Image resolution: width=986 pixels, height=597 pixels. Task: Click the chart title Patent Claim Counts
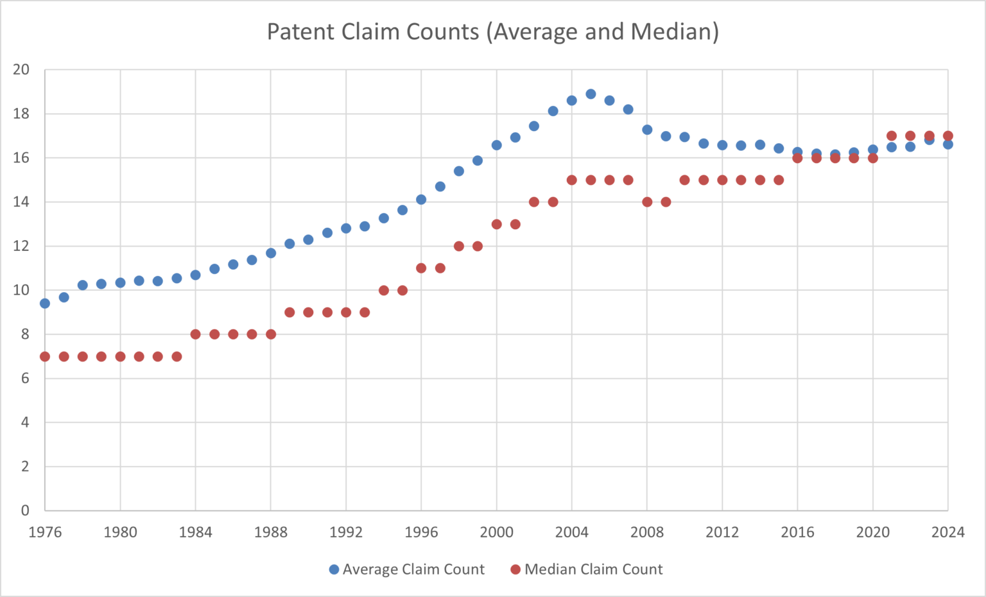coord(492,31)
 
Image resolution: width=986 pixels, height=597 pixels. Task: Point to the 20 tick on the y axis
coord(21,69)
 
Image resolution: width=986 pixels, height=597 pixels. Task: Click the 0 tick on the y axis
coord(25,510)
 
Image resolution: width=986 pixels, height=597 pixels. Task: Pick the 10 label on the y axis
coord(21,290)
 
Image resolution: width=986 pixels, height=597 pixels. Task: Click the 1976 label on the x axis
coord(45,532)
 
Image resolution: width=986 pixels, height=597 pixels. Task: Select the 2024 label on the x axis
coord(947,532)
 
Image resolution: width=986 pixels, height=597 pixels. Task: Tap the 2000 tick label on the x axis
coord(496,532)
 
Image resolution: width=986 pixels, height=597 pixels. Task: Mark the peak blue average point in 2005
coord(591,94)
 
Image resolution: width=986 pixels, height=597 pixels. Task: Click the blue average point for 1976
coord(45,303)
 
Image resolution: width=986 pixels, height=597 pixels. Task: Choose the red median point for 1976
coord(45,356)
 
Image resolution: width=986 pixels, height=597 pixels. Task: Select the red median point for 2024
coord(947,136)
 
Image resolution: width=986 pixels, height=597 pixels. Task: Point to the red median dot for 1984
coord(196,334)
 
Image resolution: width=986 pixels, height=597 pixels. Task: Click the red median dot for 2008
coord(647,202)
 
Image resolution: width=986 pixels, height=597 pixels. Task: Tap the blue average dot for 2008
coord(647,130)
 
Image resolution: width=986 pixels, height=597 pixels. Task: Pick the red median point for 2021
coord(892,136)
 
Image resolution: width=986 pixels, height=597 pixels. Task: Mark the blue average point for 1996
coord(421,200)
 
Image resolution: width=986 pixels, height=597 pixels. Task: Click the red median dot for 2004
coord(572,180)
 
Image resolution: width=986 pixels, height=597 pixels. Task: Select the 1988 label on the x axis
coord(271,532)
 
